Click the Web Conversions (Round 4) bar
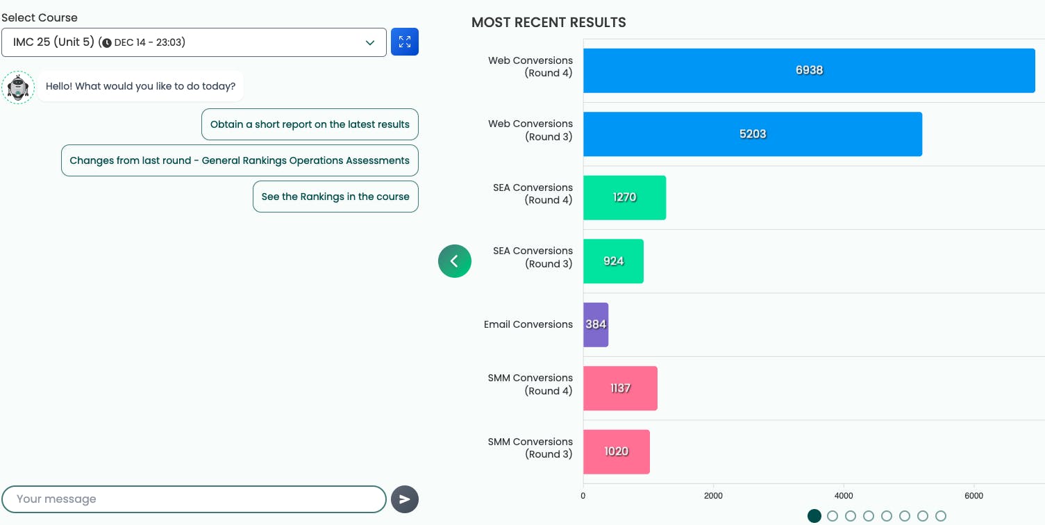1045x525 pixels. coord(809,70)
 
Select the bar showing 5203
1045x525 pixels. coord(753,134)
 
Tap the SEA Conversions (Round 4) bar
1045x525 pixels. coord(624,197)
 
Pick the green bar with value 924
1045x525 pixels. coord(613,261)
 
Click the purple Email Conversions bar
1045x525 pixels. coord(596,324)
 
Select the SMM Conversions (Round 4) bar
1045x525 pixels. coord(620,388)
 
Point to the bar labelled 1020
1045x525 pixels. coord(616,451)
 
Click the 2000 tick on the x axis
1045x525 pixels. coord(713,496)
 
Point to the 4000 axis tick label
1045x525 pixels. coord(844,496)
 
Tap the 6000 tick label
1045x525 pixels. coord(974,496)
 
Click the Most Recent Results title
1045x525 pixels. coord(549,23)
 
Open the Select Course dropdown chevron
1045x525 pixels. coord(370,42)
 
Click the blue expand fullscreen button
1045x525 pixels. coord(405,42)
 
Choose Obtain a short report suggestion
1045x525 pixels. coord(310,124)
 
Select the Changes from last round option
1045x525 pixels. coord(240,160)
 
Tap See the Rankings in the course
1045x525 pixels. coord(335,197)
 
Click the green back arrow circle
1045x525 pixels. coord(455,261)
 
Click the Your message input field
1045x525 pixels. coord(194,499)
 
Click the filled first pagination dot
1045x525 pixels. coord(814,516)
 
